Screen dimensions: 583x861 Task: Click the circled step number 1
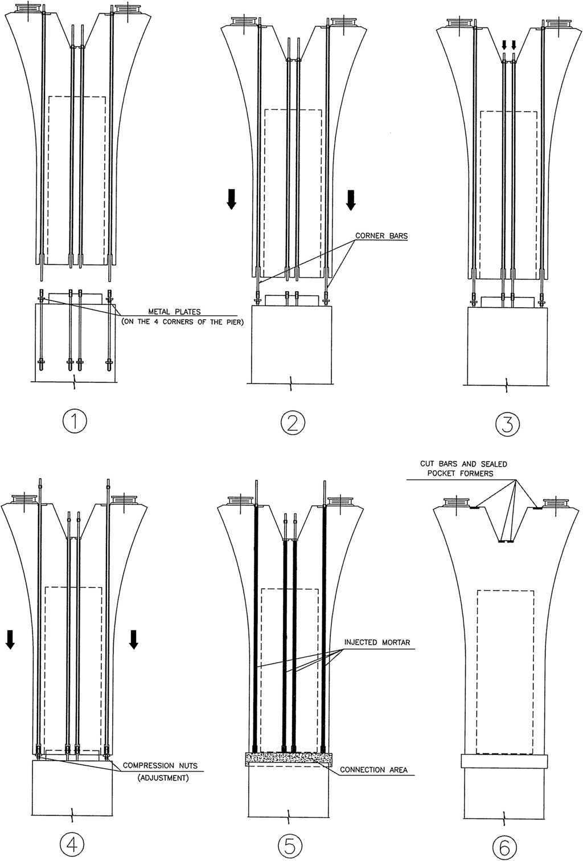point(75,422)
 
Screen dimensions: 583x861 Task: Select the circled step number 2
point(293,423)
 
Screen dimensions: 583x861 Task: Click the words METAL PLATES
point(174,312)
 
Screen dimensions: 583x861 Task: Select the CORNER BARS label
point(381,235)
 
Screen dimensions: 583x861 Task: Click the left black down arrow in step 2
point(231,199)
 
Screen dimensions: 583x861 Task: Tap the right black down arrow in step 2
point(351,200)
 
